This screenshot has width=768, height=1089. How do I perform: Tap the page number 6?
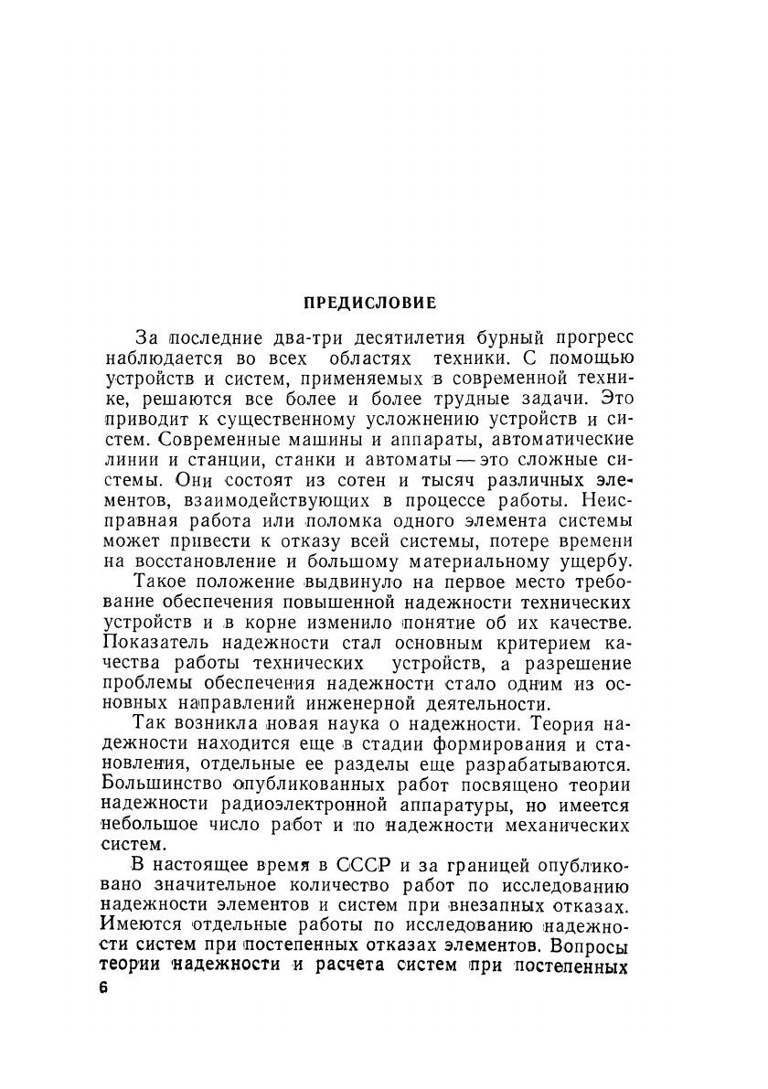pos(101,990)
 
